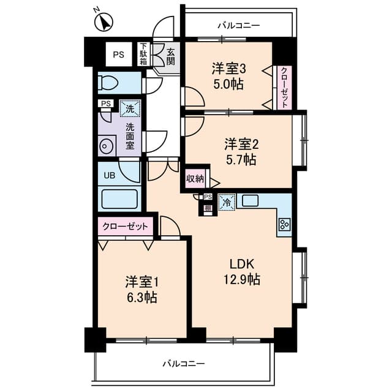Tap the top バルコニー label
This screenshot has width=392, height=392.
pyautogui.click(x=239, y=26)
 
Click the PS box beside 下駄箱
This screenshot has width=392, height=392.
pyautogui.click(x=118, y=54)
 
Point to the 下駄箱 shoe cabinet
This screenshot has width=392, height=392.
pyautogui.click(x=143, y=54)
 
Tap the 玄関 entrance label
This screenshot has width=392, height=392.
pyautogui.click(x=170, y=56)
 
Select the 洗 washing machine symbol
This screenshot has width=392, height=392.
pyautogui.click(x=129, y=109)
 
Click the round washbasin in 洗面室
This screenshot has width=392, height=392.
pyautogui.click(x=105, y=146)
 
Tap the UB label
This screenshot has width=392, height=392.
pyautogui.click(x=109, y=176)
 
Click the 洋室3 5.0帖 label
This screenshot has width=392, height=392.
pyautogui.click(x=228, y=76)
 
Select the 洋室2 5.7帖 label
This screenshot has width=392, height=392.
pyautogui.click(x=239, y=152)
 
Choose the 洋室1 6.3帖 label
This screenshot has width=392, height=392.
pyautogui.click(x=142, y=290)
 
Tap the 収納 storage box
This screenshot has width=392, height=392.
pyautogui.click(x=195, y=179)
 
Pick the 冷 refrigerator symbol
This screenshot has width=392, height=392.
pyautogui.click(x=227, y=201)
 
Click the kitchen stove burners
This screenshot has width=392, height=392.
pyautogui.click(x=284, y=225)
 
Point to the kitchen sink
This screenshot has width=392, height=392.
pyautogui.click(x=251, y=200)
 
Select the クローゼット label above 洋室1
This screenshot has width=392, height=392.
pyautogui.click(x=126, y=227)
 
